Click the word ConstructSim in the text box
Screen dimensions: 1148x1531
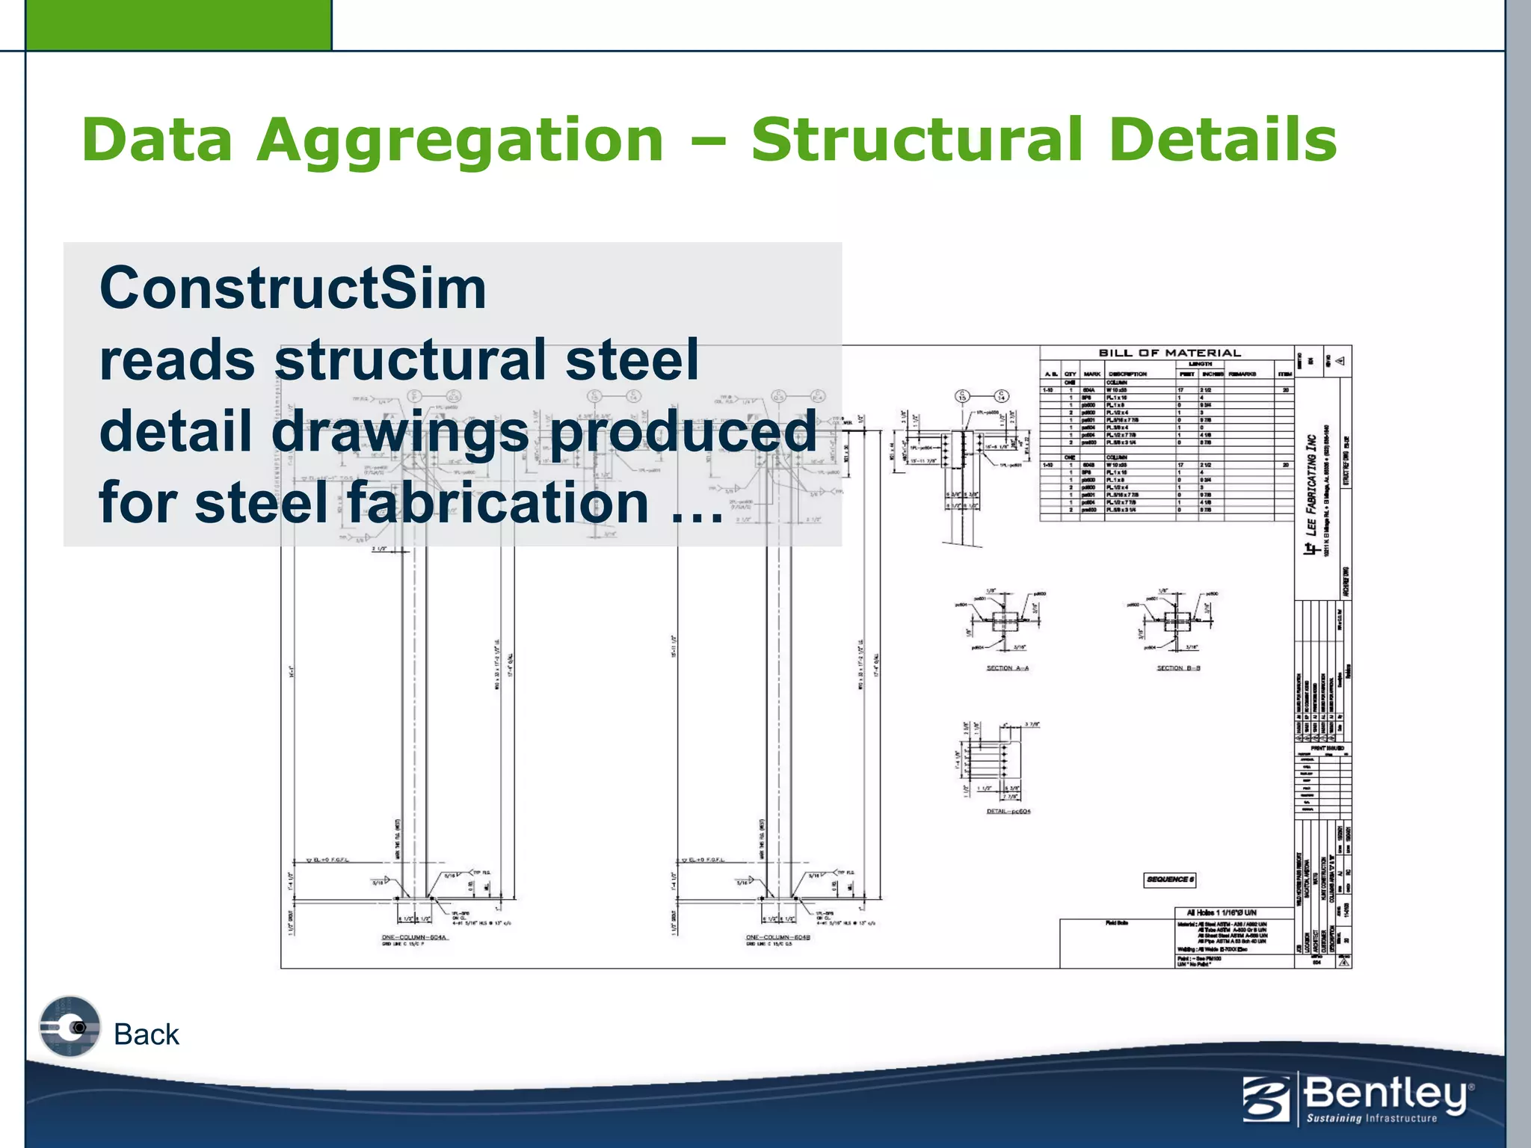(292, 288)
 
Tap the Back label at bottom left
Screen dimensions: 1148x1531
(147, 1034)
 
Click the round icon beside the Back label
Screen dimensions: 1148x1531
(70, 1027)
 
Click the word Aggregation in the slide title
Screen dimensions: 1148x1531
(460, 141)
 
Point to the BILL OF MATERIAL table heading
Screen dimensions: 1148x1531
(1169, 353)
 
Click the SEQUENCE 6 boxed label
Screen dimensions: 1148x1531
(1170, 880)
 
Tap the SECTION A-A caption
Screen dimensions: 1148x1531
(1007, 668)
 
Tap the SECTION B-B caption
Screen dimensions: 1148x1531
(1178, 668)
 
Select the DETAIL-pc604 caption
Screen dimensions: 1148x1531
(1008, 811)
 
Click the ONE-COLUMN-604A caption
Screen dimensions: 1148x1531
(414, 937)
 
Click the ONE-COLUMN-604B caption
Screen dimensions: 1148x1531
(778, 937)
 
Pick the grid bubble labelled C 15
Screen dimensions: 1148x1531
(963, 396)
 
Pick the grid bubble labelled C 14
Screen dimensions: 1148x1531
(1002, 396)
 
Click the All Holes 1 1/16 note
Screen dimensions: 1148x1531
(1222, 913)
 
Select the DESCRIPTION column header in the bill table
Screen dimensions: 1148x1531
(1127, 374)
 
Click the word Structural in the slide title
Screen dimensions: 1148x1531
(917, 141)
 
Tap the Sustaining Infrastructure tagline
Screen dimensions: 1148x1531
(1372, 1119)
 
